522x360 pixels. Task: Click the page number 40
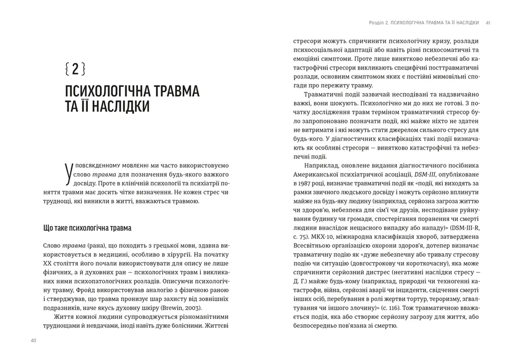click(33, 341)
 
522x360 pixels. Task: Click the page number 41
click(488, 23)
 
